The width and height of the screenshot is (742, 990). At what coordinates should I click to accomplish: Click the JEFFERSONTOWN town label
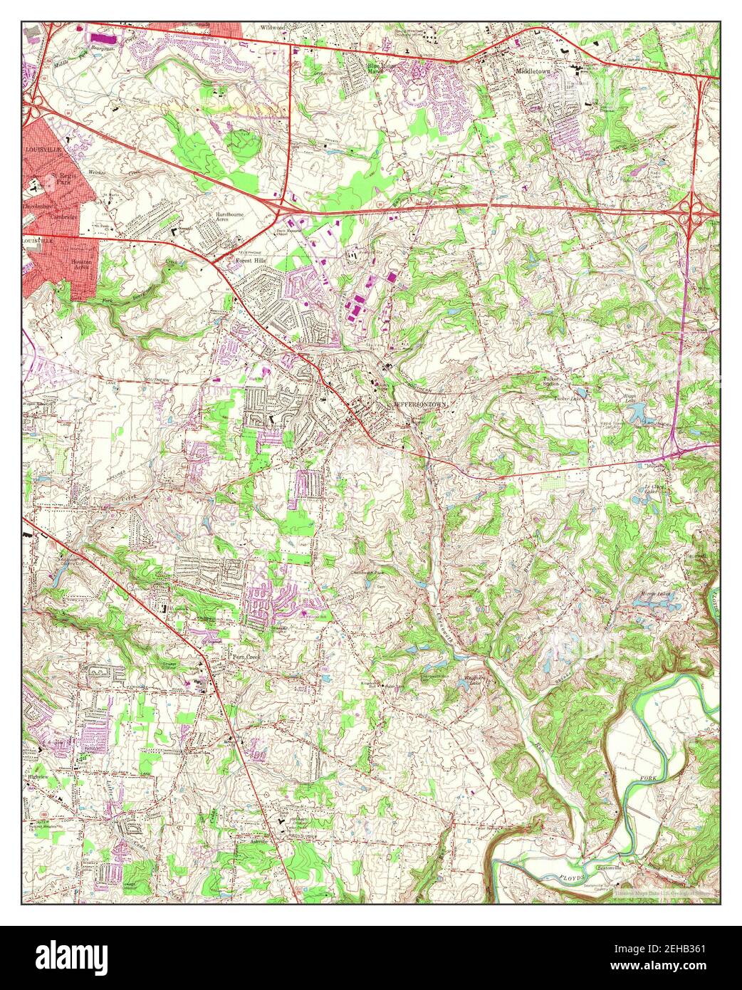420,403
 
